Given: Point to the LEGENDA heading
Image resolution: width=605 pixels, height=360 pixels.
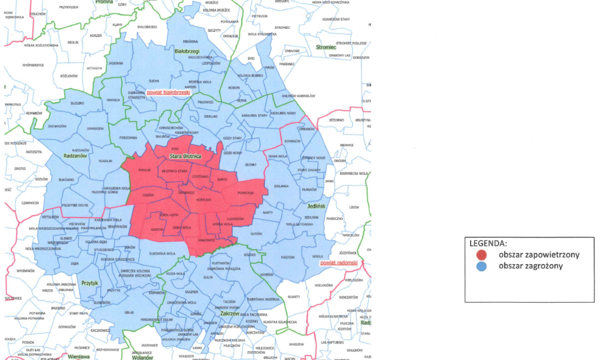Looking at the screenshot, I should coord(488,243).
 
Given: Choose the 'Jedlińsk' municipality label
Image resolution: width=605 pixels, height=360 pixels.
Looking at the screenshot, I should coord(317,206).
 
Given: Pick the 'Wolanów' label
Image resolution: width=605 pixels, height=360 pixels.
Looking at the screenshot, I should coord(142,357).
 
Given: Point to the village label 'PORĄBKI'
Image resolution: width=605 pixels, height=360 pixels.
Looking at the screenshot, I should coord(245,193).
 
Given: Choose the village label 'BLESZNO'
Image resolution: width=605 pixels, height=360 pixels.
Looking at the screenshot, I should coord(77,103).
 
